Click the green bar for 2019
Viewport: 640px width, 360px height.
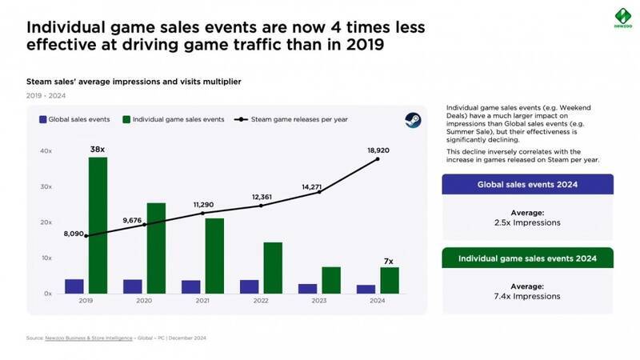point(98,225)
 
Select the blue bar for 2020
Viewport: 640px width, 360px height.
point(133,286)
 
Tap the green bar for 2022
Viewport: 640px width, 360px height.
point(273,268)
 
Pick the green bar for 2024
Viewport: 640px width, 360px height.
point(389,280)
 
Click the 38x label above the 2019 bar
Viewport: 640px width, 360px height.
point(98,148)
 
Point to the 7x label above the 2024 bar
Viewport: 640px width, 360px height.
point(389,261)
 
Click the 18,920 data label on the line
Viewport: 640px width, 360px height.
point(378,150)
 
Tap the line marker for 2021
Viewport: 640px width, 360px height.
point(202,213)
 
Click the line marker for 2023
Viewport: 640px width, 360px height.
point(319,192)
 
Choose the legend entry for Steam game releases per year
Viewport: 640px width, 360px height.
point(291,120)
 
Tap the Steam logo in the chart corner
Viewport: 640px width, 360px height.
point(409,120)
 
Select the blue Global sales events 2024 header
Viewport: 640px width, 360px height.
point(527,184)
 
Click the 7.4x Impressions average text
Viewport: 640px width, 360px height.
point(527,297)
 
